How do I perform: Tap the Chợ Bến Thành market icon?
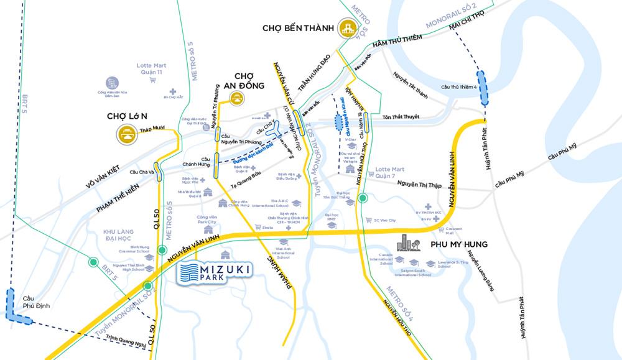point(346,29)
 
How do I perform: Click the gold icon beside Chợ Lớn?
point(129,132)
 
